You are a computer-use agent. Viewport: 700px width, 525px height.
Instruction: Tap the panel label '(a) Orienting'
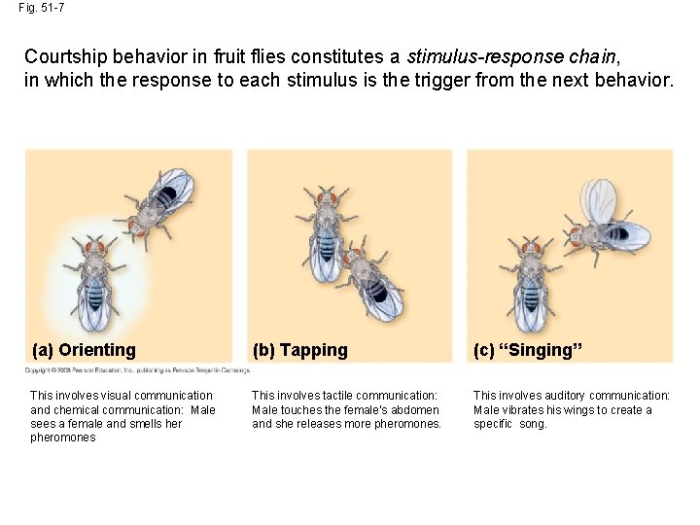pos(84,350)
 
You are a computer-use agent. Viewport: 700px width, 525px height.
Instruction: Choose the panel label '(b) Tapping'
pos(299,350)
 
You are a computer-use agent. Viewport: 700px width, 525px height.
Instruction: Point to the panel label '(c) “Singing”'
pos(527,350)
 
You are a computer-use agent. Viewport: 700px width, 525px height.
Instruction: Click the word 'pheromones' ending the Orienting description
pos(63,437)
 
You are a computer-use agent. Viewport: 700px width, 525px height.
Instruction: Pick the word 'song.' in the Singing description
pos(533,424)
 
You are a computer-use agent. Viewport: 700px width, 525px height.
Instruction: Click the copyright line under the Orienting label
pos(137,370)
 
